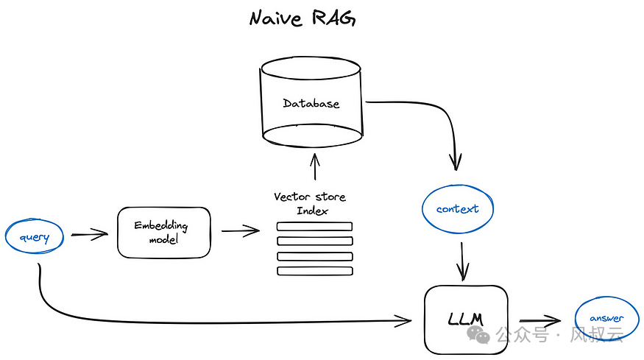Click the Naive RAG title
(x=302, y=18)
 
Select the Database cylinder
(x=312, y=103)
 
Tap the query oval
(x=34, y=236)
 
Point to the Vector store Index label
(x=310, y=204)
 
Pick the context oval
(x=457, y=209)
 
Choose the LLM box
(x=465, y=320)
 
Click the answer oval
(x=606, y=319)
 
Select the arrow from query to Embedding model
(x=90, y=236)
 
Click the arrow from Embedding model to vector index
(x=241, y=232)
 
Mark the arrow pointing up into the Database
(x=314, y=166)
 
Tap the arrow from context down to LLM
(x=463, y=261)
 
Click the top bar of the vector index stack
(x=314, y=226)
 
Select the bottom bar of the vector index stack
(x=314, y=271)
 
